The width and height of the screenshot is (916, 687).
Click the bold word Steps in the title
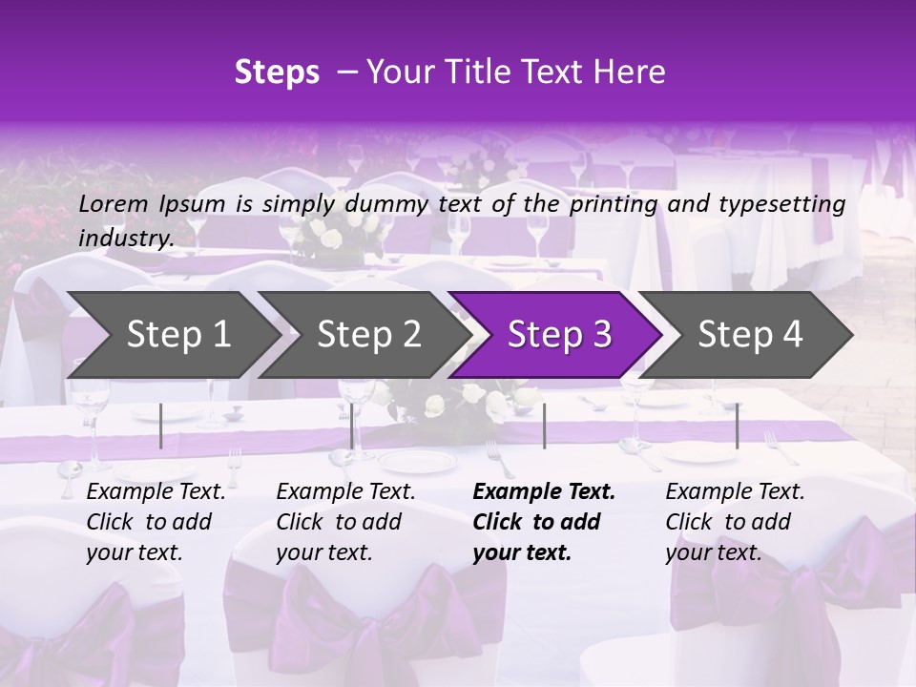[x=277, y=73]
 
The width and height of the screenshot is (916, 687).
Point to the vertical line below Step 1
[x=161, y=426]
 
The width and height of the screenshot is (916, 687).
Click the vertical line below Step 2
[x=352, y=426]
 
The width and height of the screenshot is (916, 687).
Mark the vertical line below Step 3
[x=544, y=426]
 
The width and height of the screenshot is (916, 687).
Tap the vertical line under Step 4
[x=737, y=426]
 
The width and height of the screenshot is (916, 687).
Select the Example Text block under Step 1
[x=156, y=522]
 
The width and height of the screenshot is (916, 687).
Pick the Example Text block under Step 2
[x=346, y=522]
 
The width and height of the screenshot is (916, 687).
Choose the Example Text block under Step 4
[x=735, y=522]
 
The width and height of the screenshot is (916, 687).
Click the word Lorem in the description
[x=114, y=203]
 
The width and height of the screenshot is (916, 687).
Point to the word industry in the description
[x=126, y=239]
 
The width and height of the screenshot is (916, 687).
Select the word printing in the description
[x=614, y=203]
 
